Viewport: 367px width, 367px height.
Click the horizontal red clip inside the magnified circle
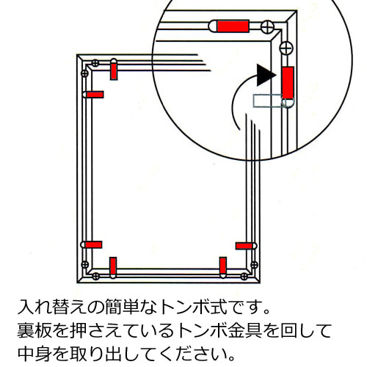pyautogui.click(x=233, y=26)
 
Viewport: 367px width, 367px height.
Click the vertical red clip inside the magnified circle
pyautogui.click(x=288, y=83)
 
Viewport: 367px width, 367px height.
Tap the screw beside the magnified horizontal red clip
pyautogui.click(x=267, y=26)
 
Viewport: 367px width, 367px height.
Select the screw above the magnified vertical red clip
pyautogui.click(x=286, y=48)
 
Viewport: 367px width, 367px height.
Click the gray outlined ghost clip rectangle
pyautogui.click(x=267, y=101)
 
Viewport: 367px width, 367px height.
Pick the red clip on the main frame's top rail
pyautogui.click(x=114, y=71)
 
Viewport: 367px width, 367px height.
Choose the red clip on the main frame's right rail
pyautogui.click(x=244, y=246)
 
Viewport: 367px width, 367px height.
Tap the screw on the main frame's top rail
pyautogui.click(x=95, y=63)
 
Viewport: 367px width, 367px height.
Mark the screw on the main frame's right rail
pyautogui.click(x=255, y=265)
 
